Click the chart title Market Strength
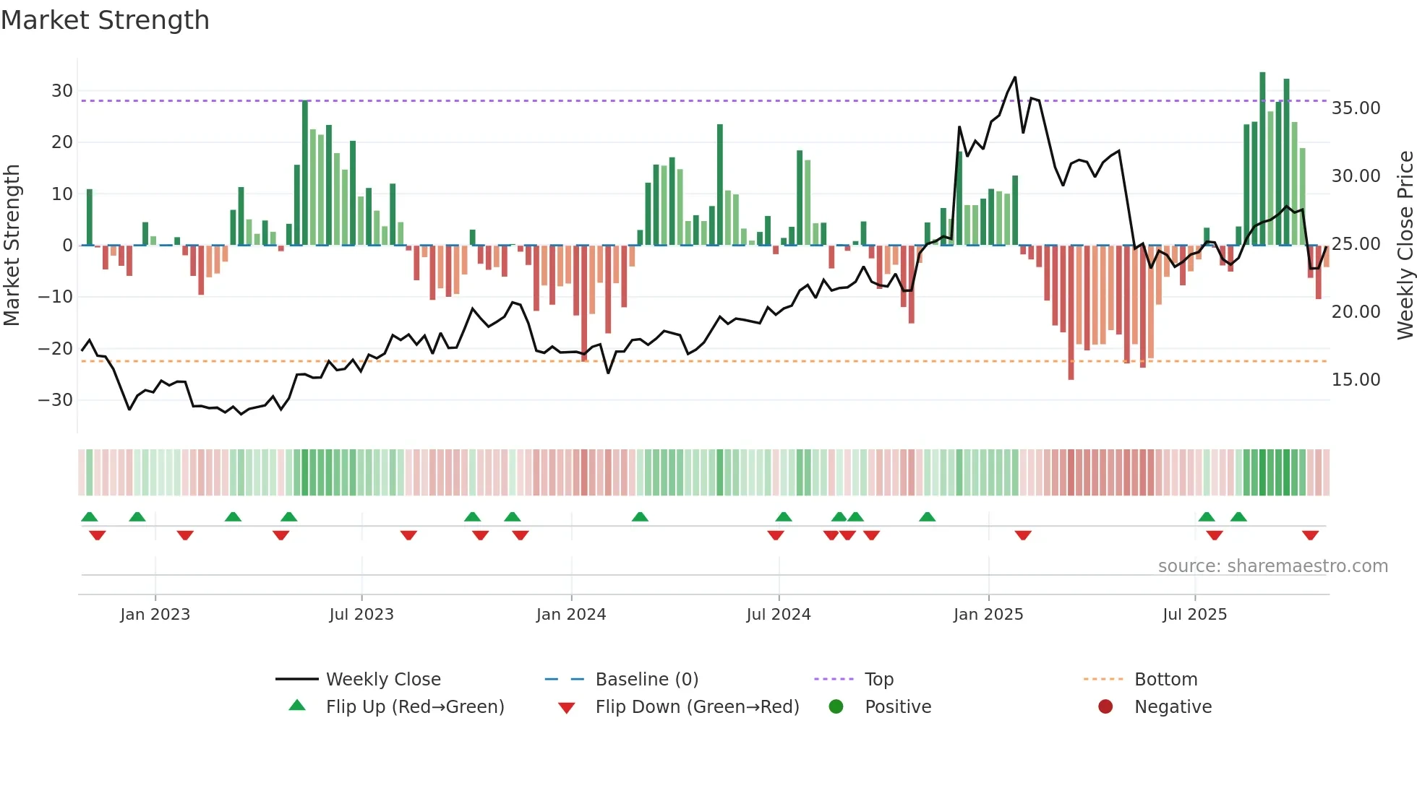pos(105,20)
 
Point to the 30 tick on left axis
pos(62,91)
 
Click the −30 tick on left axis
pos(56,400)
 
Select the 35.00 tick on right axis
pos(1356,108)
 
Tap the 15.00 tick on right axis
pos(1356,380)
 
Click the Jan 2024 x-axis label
pos(570,615)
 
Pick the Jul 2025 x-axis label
pos(1194,615)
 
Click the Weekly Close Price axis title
pos(1405,246)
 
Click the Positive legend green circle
pos(836,707)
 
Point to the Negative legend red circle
pos(1105,707)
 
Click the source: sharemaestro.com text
pos(1272,566)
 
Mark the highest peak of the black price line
pos(1015,77)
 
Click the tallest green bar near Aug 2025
pos(1262,74)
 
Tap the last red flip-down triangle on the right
pos(1310,535)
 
